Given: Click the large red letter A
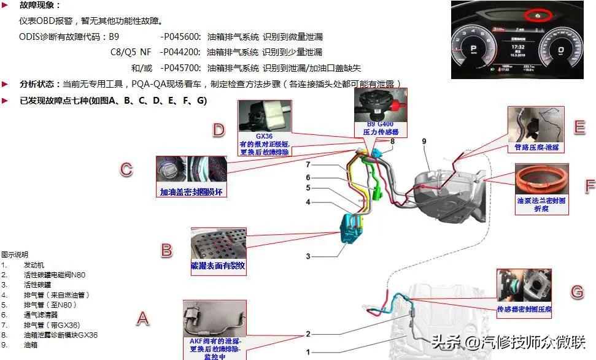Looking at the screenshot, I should (142, 317).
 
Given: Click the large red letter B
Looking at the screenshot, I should (166, 250).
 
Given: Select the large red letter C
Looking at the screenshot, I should (126, 169).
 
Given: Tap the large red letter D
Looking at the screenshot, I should (219, 129).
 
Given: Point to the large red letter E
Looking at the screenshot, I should (579, 127).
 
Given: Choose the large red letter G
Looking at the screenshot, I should (577, 291).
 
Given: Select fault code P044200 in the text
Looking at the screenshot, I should (182, 52).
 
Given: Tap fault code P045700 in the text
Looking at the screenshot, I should (182, 68).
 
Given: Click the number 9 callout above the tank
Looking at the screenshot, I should (424, 142).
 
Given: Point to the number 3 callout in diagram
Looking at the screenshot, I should (309, 256).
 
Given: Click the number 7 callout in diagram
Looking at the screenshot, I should (309, 165).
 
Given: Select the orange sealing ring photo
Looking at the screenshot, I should (541, 180).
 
